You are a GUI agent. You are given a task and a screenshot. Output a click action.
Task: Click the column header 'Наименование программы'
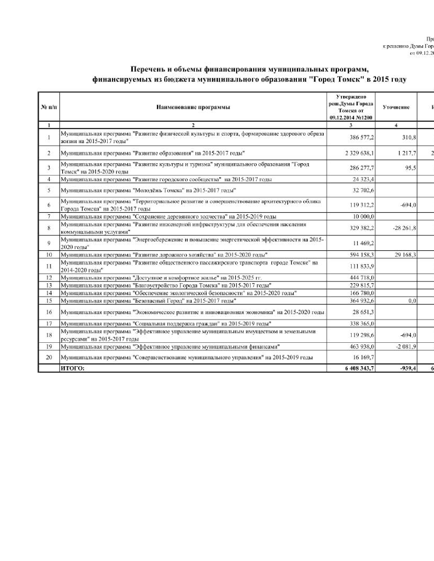[x=193, y=107]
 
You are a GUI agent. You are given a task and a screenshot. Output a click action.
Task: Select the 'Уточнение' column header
[x=396, y=107]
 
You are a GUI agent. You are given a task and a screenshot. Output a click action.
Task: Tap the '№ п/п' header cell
[x=49, y=107]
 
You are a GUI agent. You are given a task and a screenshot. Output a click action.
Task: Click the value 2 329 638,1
[x=359, y=153]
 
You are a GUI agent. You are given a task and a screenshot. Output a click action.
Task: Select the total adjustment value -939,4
[x=408, y=368]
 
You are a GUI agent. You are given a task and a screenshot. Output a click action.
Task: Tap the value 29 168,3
[x=405, y=255]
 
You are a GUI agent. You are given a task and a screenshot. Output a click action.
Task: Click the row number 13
[x=49, y=285]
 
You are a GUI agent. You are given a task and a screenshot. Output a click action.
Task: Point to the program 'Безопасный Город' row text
[x=184, y=301]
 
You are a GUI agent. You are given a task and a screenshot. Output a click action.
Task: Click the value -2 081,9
[x=405, y=347]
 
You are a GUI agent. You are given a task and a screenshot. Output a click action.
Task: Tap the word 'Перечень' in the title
[x=147, y=70]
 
